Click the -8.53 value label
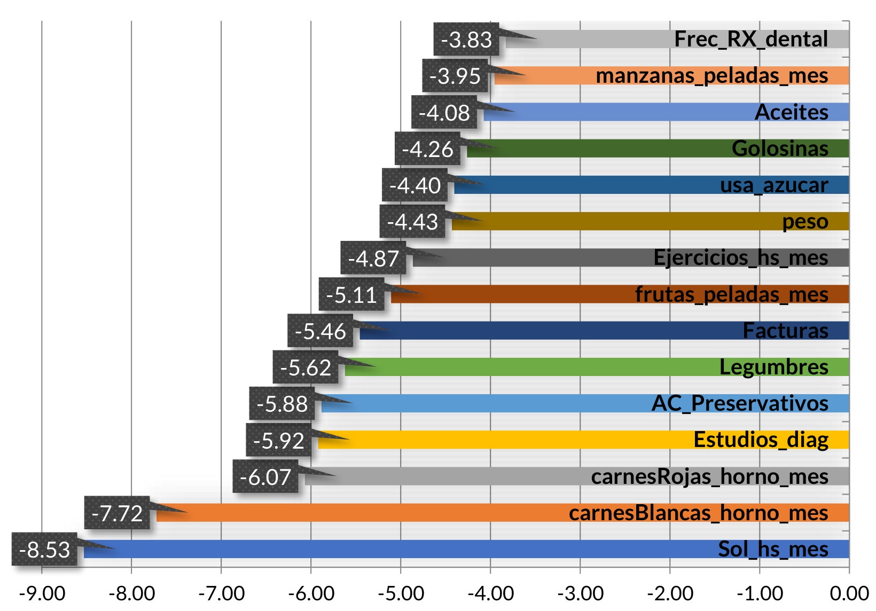click(44, 550)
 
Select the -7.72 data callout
click(117, 513)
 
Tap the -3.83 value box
click(466, 40)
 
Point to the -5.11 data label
click(351, 295)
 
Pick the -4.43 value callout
click(412, 222)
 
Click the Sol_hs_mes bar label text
click(773, 549)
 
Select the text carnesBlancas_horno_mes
click(698, 513)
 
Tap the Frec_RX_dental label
click(751, 39)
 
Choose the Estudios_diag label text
click(761, 440)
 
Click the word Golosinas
click(780, 148)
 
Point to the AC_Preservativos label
click(740, 403)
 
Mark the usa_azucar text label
click(774, 185)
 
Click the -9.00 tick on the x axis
click(42, 593)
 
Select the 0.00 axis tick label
click(849, 593)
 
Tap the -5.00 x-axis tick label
click(401, 593)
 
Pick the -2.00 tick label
click(670, 593)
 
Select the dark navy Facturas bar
click(534, 331)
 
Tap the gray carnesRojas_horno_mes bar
click(454, 476)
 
